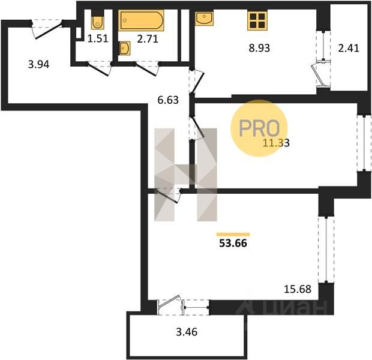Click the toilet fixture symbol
coord(97,22)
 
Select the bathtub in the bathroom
coord(142,20)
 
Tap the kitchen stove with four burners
coord(257,20)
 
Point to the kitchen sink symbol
coord(204,19)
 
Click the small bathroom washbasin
coord(125,49)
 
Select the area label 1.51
coord(98,38)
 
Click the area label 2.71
coord(148,39)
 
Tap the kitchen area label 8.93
coord(259,48)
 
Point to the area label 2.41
coord(349,48)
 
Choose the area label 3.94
coord(38,64)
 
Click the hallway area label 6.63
coord(168,100)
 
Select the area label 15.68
coord(298,289)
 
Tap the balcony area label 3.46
coord(187,332)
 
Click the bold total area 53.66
coord(233,243)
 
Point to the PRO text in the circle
coord(259,128)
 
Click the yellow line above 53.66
coord(233,235)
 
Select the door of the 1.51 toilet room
coord(99,68)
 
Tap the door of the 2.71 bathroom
coord(147,68)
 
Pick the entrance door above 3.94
coord(47,29)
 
